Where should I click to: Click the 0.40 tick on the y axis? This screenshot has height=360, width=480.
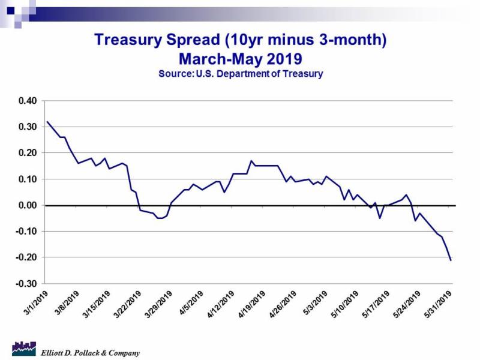(26, 101)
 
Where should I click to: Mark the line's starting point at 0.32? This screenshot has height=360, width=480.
(47, 122)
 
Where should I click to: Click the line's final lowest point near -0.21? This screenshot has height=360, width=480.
(451, 260)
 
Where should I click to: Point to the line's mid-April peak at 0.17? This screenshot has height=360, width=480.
(251, 161)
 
